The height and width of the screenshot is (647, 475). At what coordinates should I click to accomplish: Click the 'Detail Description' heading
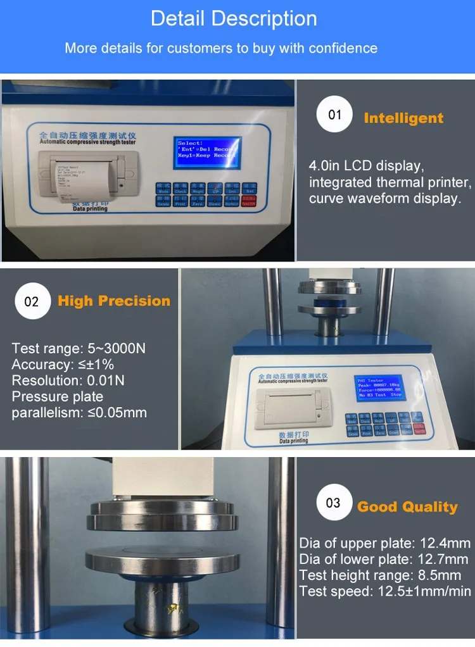point(234,18)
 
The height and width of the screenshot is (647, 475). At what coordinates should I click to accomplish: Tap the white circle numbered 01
point(334,115)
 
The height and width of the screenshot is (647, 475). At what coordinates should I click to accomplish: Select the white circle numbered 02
point(32,301)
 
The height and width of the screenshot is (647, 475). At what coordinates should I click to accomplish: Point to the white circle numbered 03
point(333,503)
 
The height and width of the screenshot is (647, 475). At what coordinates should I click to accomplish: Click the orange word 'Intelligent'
point(403,118)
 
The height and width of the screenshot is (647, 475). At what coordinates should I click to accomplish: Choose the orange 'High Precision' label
point(114,301)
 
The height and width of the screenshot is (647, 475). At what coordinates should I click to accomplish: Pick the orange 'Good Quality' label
point(407,507)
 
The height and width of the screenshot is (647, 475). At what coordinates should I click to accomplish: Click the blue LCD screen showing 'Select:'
point(208,153)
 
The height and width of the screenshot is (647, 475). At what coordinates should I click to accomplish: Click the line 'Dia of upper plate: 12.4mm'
point(385,543)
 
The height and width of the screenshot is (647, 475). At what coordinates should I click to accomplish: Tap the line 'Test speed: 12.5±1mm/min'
point(385,591)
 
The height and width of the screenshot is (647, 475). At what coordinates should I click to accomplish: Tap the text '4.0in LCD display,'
point(365,166)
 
